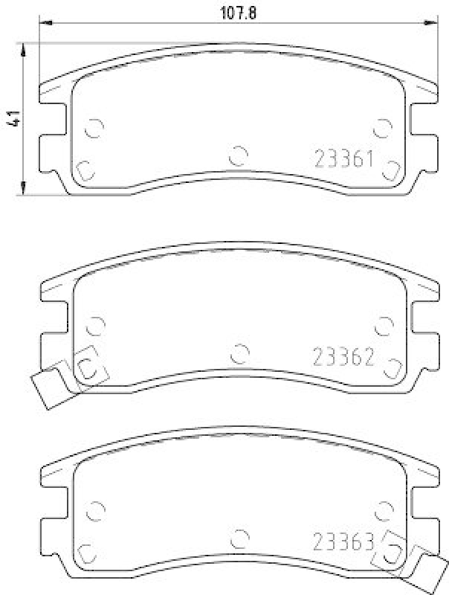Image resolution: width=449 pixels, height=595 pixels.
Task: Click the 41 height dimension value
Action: [x=12, y=119]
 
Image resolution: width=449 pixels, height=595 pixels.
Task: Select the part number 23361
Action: [x=343, y=158]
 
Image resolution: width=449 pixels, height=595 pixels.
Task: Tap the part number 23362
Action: [x=343, y=356]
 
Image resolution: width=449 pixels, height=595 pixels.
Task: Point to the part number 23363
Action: [x=343, y=541]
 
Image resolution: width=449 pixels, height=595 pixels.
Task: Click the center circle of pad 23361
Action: [x=238, y=155]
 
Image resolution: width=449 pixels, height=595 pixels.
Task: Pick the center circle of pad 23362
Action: [x=239, y=353]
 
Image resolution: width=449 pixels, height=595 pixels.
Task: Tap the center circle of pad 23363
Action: [x=239, y=538]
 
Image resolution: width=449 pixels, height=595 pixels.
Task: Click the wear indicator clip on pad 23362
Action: [x=52, y=386]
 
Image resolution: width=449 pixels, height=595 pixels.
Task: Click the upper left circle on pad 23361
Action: [x=94, y=128]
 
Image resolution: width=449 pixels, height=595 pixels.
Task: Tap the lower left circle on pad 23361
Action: [x=85, y=170]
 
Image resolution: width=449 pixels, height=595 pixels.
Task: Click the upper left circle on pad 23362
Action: [x=94, y=325]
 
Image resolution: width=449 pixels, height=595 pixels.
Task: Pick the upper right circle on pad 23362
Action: [x=384, y=325]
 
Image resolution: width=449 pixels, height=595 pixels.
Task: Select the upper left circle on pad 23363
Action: [x=94, y=510]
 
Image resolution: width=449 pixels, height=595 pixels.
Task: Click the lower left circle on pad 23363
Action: [x=86, y=553]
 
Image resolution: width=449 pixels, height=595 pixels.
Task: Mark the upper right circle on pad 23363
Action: [x=384, y=510]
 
